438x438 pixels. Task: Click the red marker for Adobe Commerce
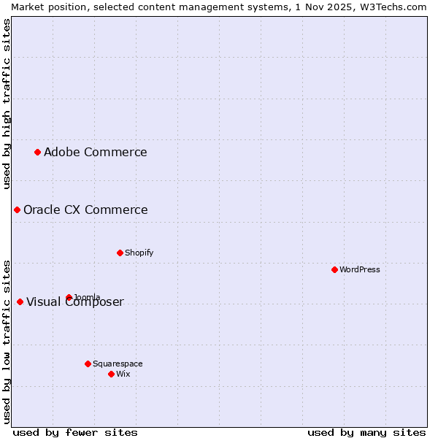tap(37, 152)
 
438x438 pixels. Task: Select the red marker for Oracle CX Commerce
tap(17, 210)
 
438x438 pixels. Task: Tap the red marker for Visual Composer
tap(20, 301)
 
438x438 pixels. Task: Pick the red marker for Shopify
tap(120, 253)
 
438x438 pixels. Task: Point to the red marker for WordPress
tap(334, 269)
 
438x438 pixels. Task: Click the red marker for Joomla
tap(69, 297)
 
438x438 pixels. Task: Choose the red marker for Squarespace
tap(88, 364)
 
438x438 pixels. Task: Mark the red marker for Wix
tap(111, 374)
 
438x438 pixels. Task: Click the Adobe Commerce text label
tap(95, 152)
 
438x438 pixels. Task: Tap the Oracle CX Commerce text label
tap(85, 210)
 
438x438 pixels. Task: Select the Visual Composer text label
tap(75, 302)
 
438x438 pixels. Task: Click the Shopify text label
tap(139, 253)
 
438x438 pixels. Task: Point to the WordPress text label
tap(359, 269)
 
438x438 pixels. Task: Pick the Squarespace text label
tap(118, 364)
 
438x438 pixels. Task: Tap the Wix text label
tap(123, 374)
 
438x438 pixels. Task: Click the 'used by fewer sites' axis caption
tap(74, 432)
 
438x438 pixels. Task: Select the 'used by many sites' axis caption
tap(366, 432)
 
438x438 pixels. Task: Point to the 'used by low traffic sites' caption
tap(7, 341)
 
